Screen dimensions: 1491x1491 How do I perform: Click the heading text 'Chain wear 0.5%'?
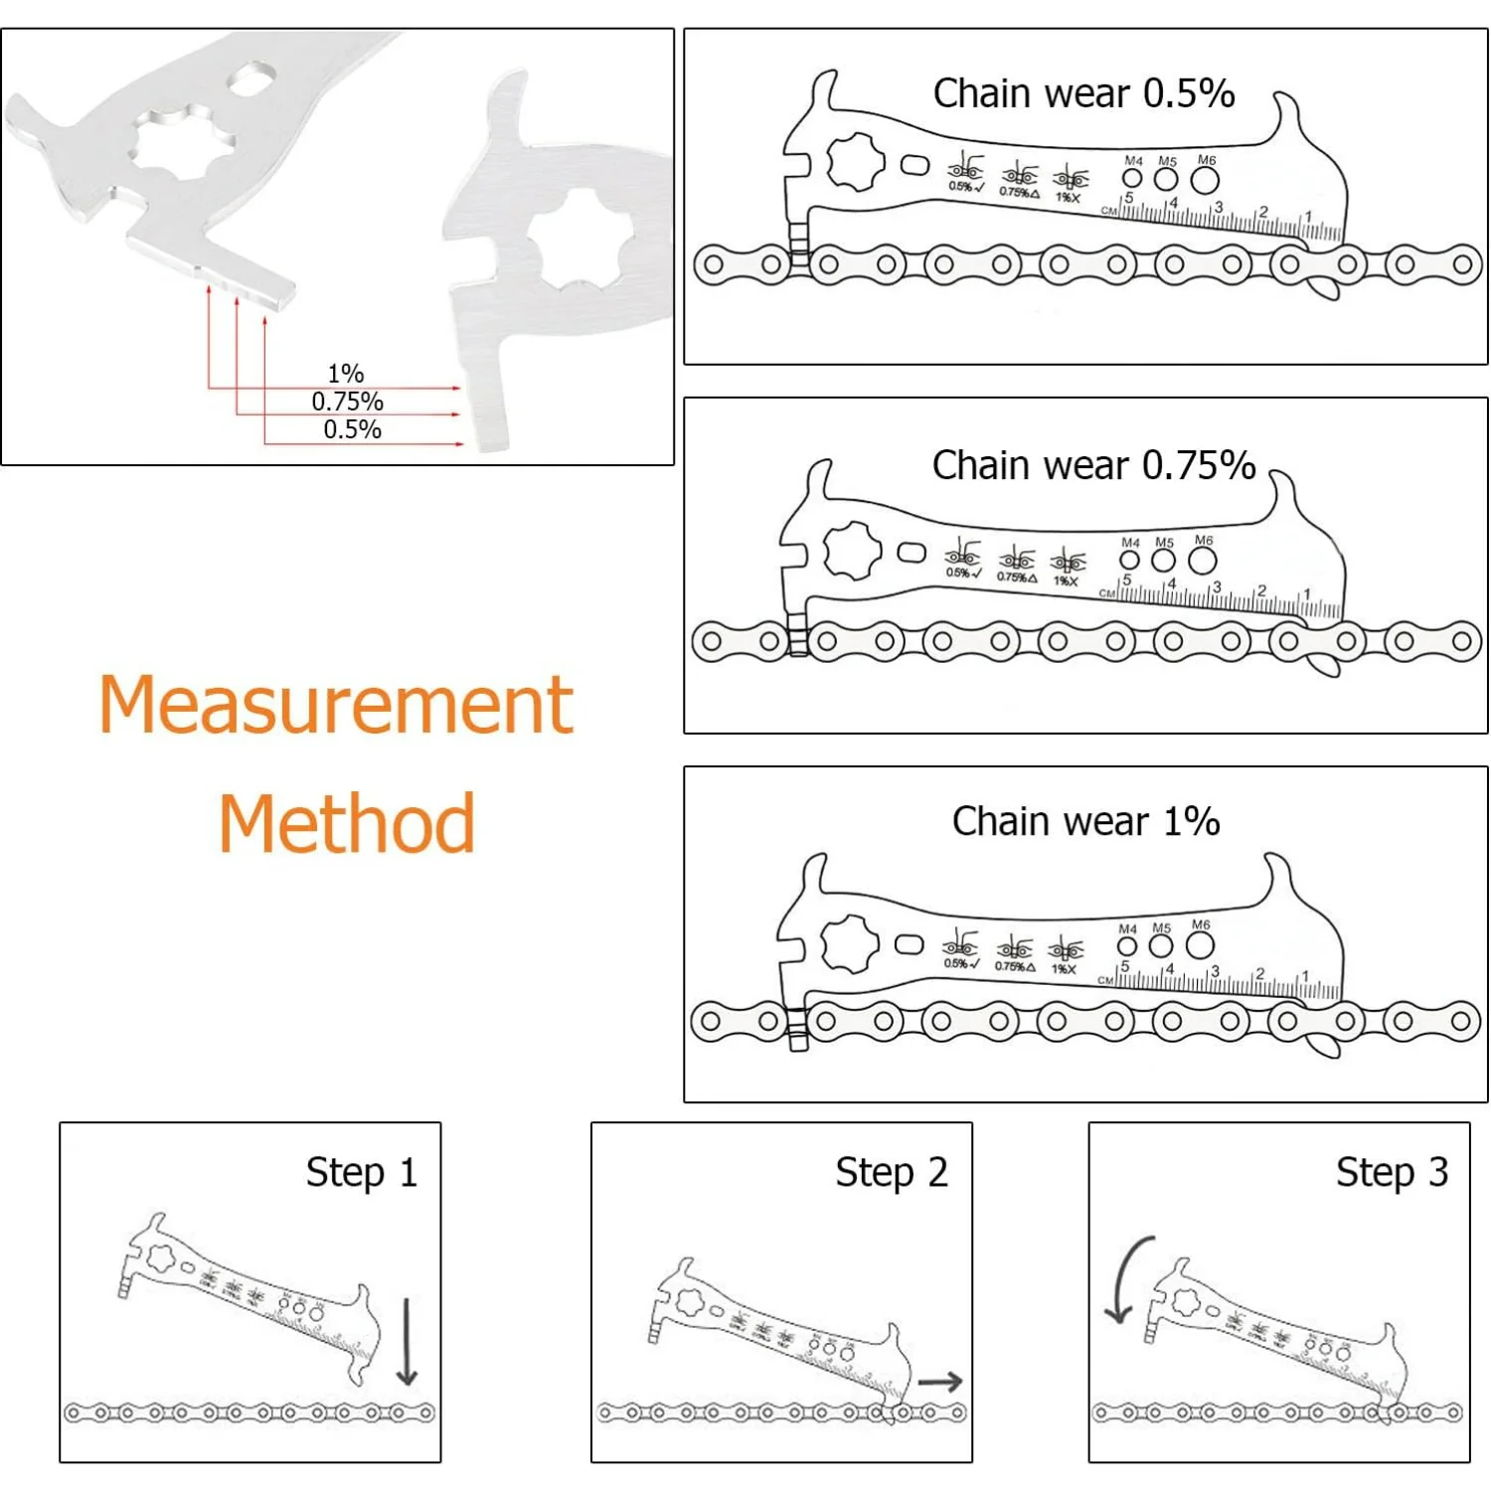(1082, 93)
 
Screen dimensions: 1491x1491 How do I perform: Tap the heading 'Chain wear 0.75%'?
(1092, 465)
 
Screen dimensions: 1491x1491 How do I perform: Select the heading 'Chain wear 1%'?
(1084, 821)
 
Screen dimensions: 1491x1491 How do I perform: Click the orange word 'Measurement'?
(336, 705)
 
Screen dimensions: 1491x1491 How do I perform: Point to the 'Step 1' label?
(361, 1172)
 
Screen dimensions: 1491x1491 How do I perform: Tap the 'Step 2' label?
(891, 1172)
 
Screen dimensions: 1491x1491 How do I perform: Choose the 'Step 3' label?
(1391, 1172)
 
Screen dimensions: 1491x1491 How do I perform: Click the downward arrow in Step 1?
(407, 1342)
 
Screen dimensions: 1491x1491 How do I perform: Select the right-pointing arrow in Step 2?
(940, 1382)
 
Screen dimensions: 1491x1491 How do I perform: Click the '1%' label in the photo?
(346, 374)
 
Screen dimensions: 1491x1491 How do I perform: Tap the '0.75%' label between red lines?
(347, 402)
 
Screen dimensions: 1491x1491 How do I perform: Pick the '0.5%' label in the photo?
(352, 429)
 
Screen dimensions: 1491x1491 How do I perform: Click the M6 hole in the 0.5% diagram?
(1204, 180)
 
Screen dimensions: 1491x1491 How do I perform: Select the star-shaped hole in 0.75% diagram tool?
(852, 551)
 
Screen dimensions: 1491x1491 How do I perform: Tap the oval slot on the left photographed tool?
(252, 78)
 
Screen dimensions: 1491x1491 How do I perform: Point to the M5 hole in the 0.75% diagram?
(1163, 561)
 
